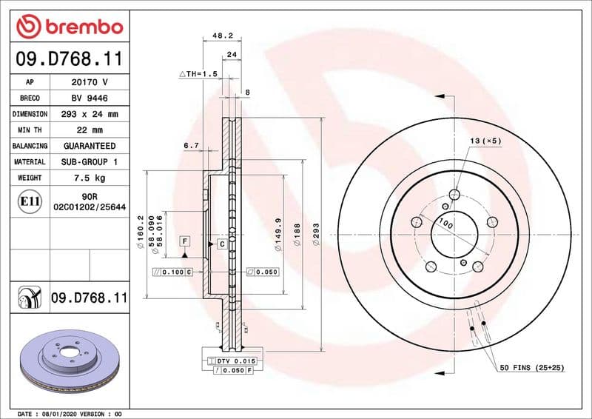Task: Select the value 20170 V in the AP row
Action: pyautogui.click(x=90, y=82)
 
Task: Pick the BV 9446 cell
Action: pyautogui.click(x=90, y=98)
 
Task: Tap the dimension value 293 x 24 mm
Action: pyautogui.click(x=90, y=114)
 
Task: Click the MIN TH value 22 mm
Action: pyautogui.click(x=90, y=130)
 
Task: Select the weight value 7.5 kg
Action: pyautogui.click(x=90, y=178)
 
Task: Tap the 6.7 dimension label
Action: pyautogui.click(x=191, y=146)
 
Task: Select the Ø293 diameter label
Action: pyautogui.click(x=315, y=237)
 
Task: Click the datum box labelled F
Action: pyautogui.click(x=184, y=241)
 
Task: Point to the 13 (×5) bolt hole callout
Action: pyautogui.click(x=485, y=140)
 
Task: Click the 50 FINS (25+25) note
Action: pyautogui.click(x=531, y=367)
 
